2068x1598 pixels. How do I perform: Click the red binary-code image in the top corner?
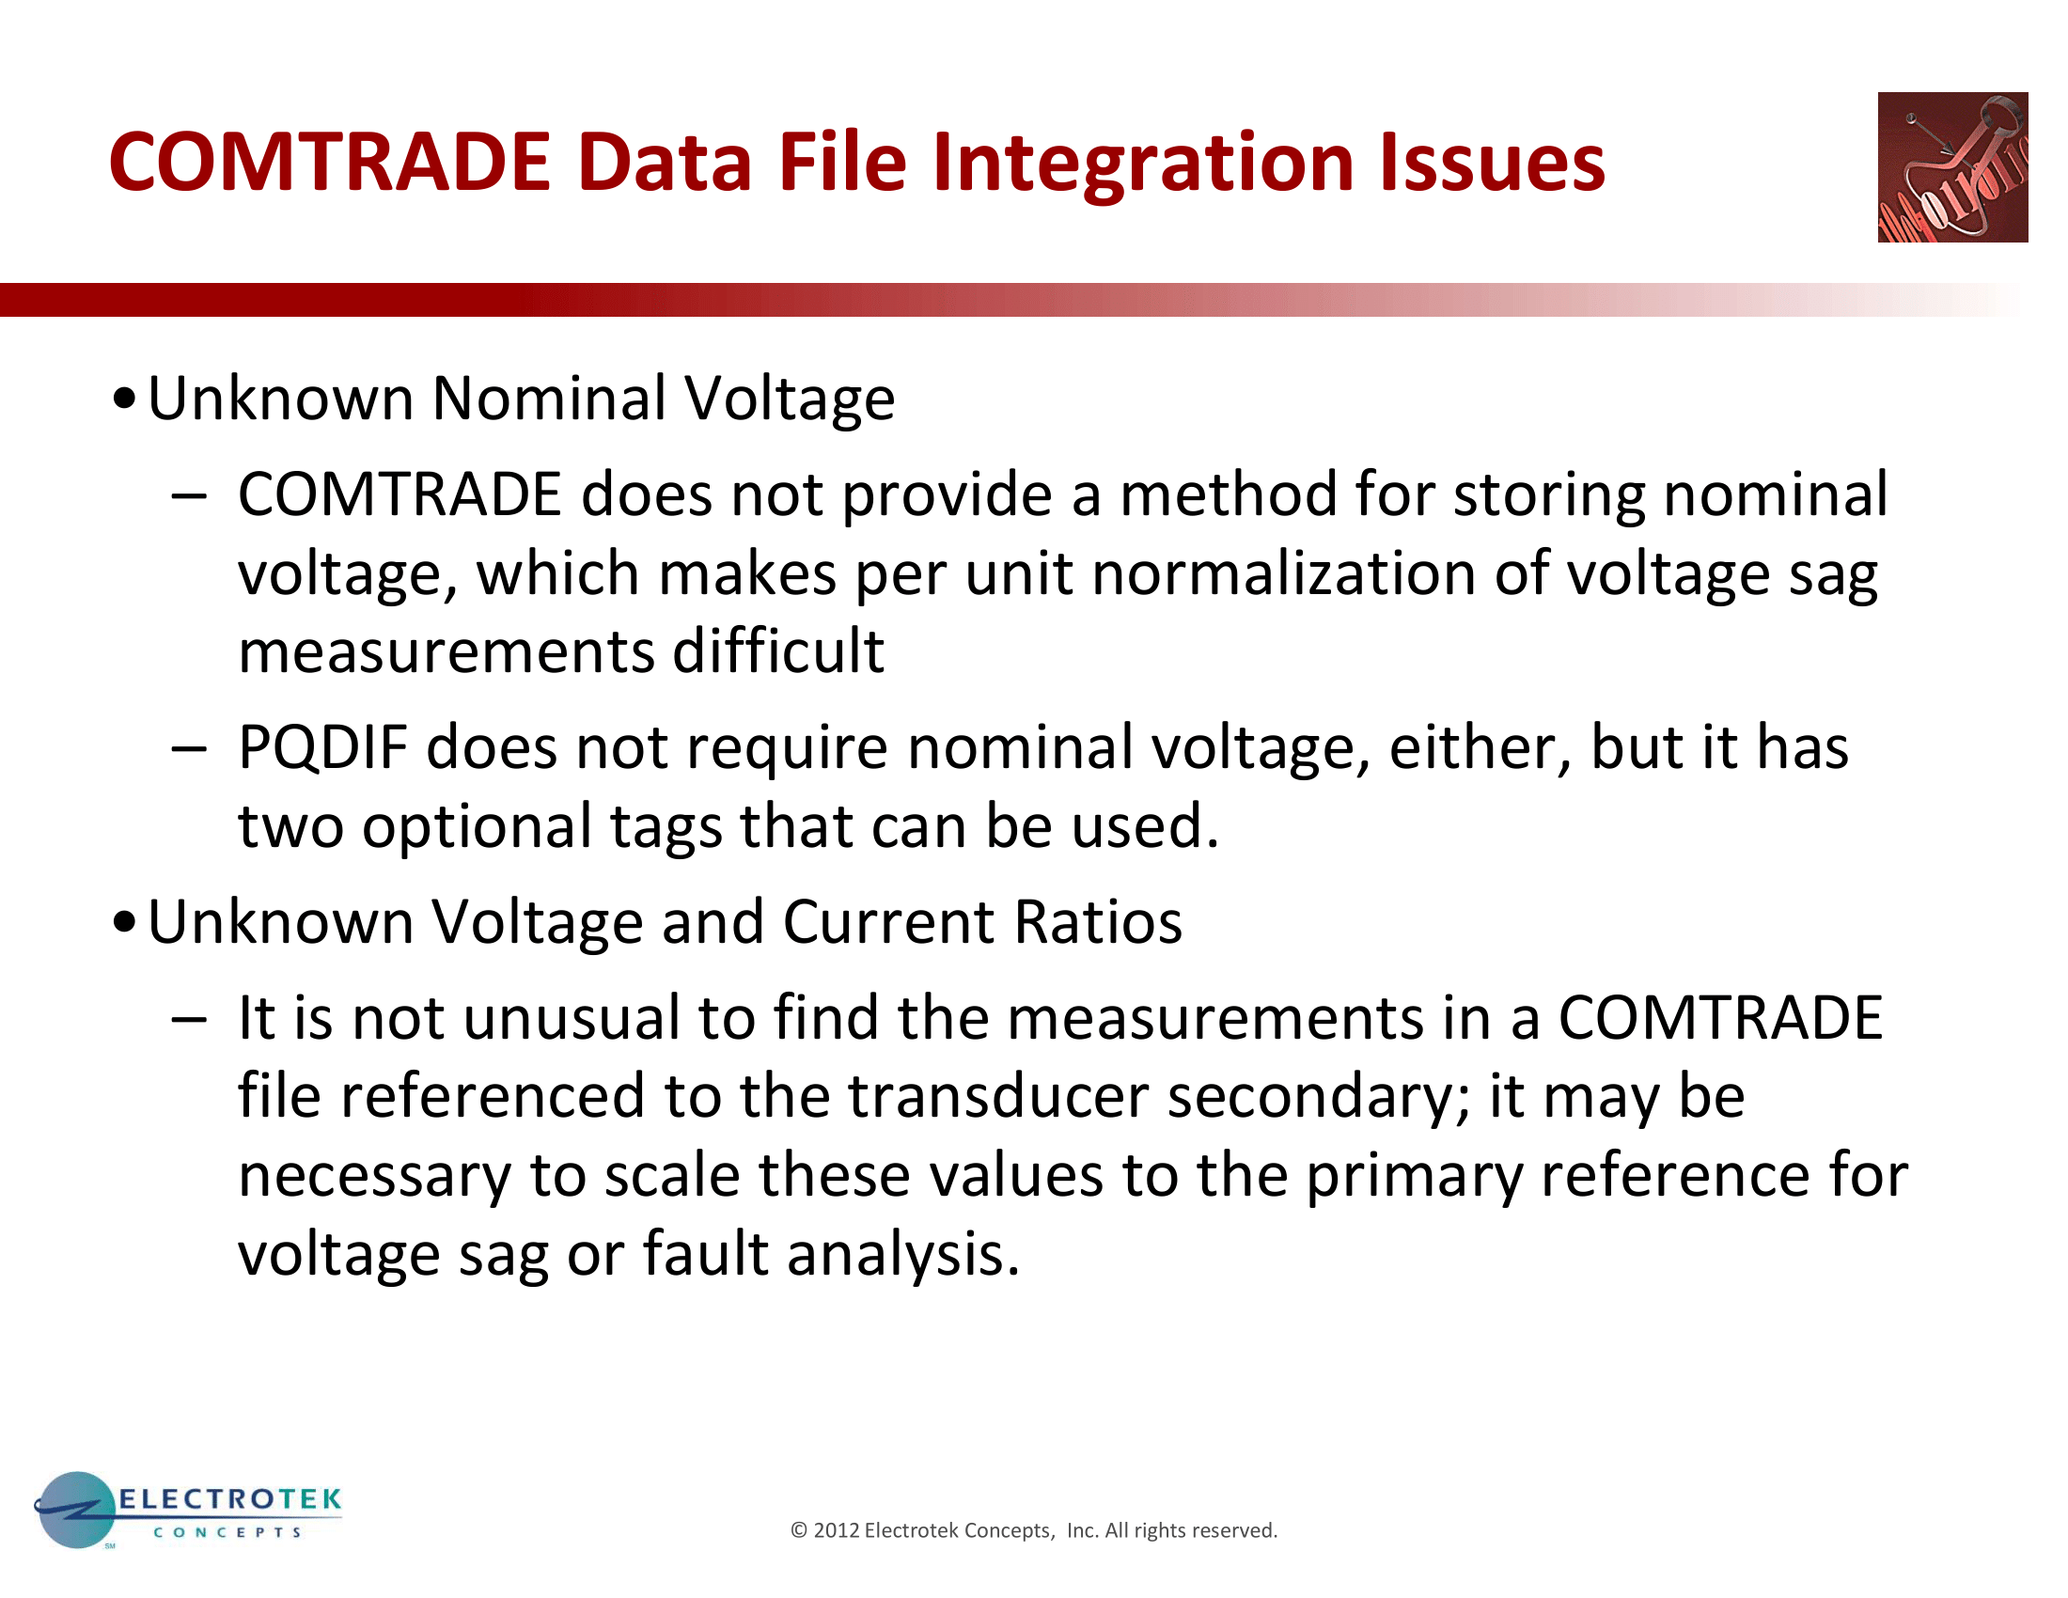pos(1951,166)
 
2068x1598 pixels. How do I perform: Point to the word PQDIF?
pos(321,748)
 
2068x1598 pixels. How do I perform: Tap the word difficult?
pos(777,652)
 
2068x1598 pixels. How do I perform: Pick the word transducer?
pos(997,1096)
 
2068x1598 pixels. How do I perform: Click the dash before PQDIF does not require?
pos(188,748)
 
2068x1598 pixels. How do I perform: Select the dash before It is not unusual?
pos(188,1019)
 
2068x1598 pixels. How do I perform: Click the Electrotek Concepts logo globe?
pos(75,1509)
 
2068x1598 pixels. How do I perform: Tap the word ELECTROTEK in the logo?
pos(229,1498)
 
